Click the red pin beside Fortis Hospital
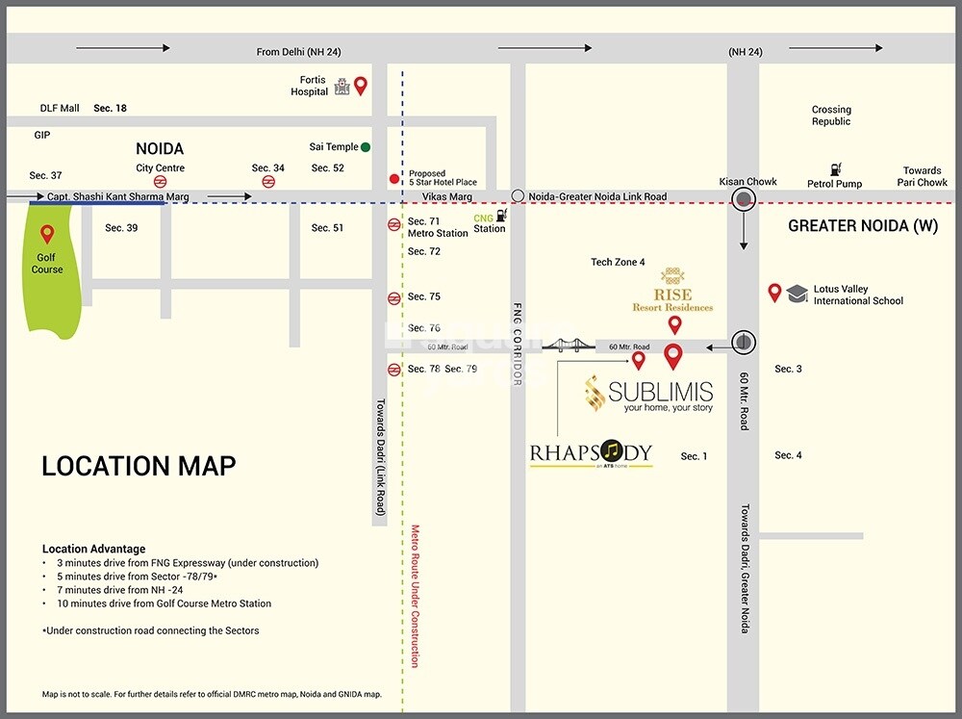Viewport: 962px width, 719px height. [361, 85]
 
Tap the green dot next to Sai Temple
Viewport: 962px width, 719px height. [366, 147]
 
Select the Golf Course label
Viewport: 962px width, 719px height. [47, 264]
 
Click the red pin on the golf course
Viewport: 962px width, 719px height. [47, 233]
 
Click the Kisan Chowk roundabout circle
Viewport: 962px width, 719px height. [744, 200]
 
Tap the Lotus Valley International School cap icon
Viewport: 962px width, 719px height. [797, 294]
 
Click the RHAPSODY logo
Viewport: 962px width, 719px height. [591, 453]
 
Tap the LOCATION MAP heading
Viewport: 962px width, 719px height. [139, 467]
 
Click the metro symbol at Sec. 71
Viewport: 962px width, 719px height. [393, 224]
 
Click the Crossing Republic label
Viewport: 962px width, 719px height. [831, 116]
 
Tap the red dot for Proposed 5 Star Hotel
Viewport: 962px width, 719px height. [393, 179]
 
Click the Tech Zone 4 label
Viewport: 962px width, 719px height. [618, 262]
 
